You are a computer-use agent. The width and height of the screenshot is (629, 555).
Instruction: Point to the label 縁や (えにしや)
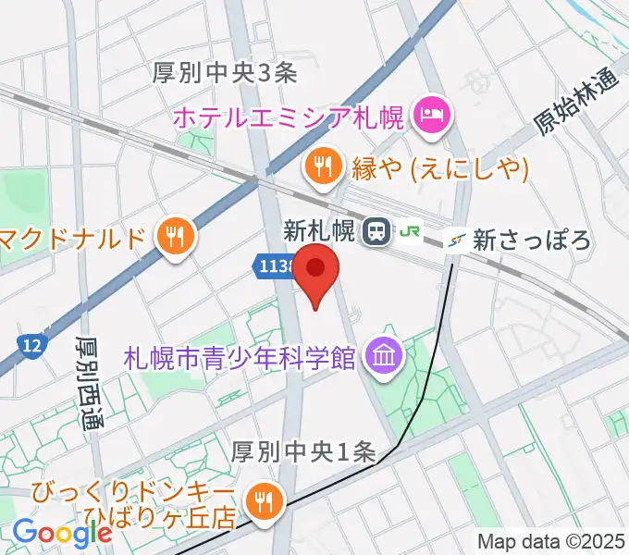[439, 167]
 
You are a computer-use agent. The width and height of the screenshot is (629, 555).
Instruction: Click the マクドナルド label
[74, 239]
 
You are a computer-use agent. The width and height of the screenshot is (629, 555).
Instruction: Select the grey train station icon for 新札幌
[376, 232]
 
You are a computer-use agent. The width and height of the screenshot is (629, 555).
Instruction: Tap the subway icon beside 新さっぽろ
[455, 240]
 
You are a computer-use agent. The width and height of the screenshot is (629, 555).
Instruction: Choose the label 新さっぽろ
[531, 241]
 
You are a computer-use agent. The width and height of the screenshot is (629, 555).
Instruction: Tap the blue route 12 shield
[31, 345]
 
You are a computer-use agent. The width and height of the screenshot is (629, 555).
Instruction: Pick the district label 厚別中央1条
[302, 452]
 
